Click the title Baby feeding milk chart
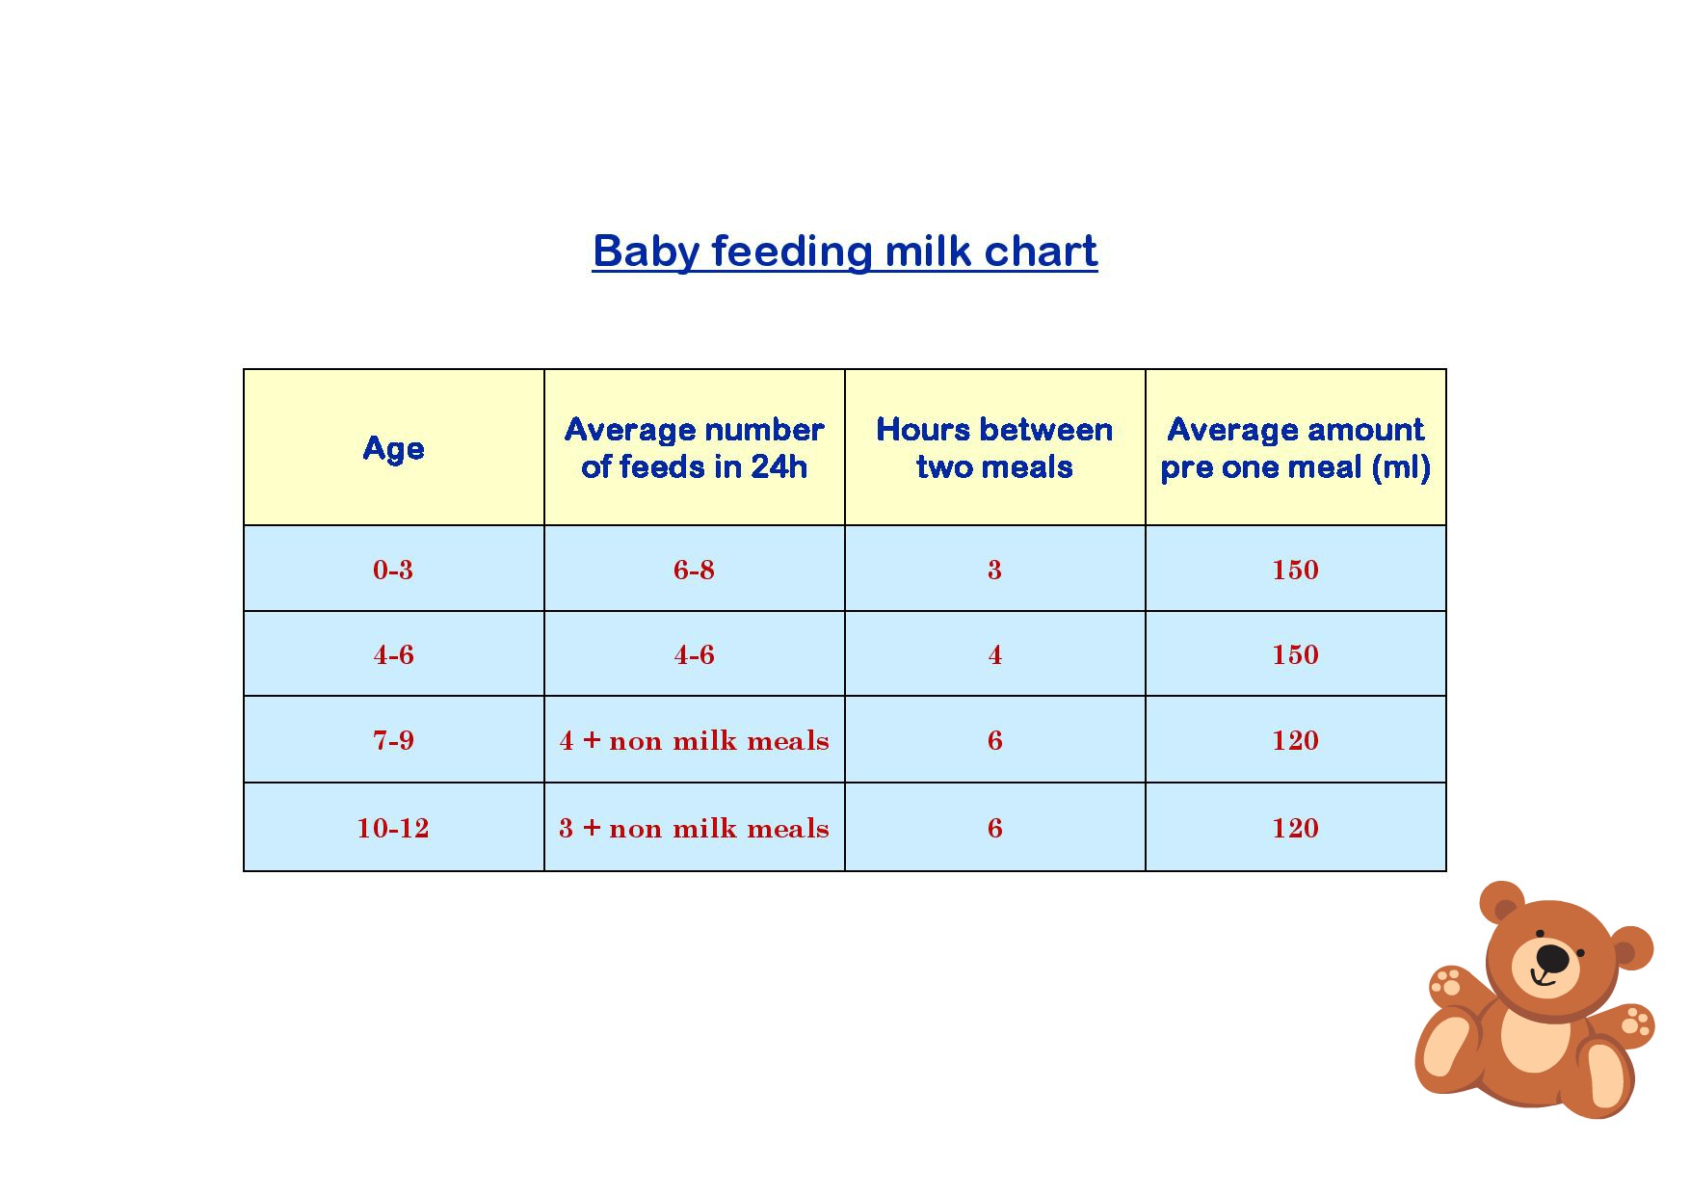(845, 252)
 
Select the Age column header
(393, 448)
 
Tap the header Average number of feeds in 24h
(694, 448)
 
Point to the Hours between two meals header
(994, 448)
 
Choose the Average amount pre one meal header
(1295, 448)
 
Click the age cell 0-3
(393, 570)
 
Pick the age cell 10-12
(393, 828)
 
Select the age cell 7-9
(393, 740)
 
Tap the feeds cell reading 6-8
(694, 570)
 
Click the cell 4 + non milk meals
(694, 740)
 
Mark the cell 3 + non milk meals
(694, 828)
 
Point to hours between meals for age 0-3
(994, 570)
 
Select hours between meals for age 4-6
(994, 655)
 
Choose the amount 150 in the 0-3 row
(1295, 570)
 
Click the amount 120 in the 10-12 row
(1295, 828)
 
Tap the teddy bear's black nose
(1552, 958)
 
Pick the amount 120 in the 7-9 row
(1295, 740)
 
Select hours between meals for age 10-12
(994, 828)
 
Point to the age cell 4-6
(393, 655)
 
